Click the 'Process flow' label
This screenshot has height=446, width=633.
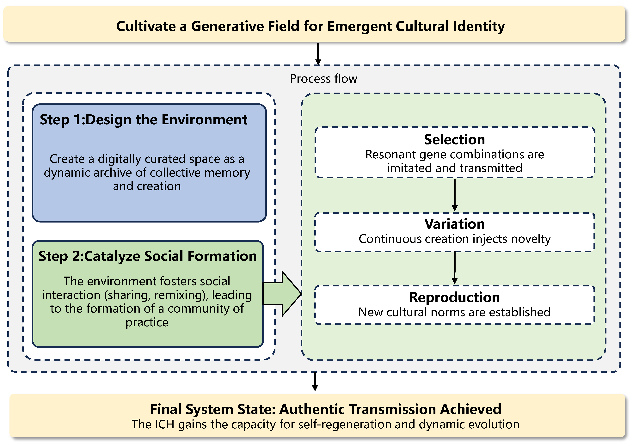[323, 79]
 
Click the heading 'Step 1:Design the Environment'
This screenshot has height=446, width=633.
[143, 120]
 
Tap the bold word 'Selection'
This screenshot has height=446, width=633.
[454, 139]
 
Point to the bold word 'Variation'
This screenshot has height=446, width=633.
[454, 224]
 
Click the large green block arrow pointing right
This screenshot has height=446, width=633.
[284, 294]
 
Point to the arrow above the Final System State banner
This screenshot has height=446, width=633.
[315, 382]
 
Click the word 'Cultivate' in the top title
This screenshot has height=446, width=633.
[146, 27]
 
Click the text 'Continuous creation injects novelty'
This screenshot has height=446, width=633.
[454, 239]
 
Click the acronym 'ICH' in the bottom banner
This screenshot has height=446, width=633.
[165, 425]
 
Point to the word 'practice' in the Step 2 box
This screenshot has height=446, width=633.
[147, 322]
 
